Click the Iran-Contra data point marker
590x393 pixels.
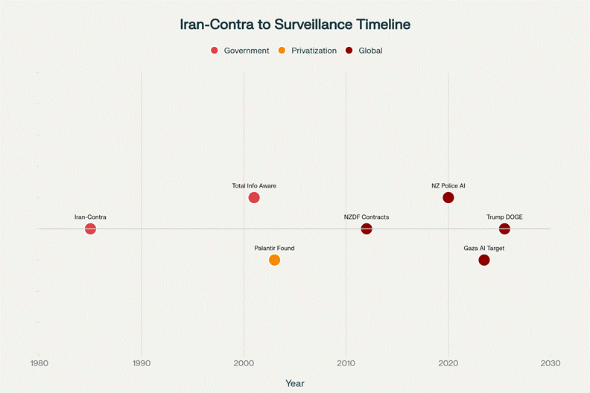point(90,229)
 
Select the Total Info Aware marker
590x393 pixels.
point(254,197)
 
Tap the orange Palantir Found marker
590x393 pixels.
point(274,260)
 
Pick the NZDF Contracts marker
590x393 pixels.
point(367,229)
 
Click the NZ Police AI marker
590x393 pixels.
point(448,197)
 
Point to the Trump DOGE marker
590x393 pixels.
point(504,229)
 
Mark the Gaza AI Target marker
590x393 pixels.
point(484,260)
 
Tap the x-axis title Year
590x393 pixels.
point(295,383)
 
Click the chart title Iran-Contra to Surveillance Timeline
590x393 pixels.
point(295,24)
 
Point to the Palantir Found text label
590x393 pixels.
point(274,248)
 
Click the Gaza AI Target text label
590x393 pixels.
point(484,248)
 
